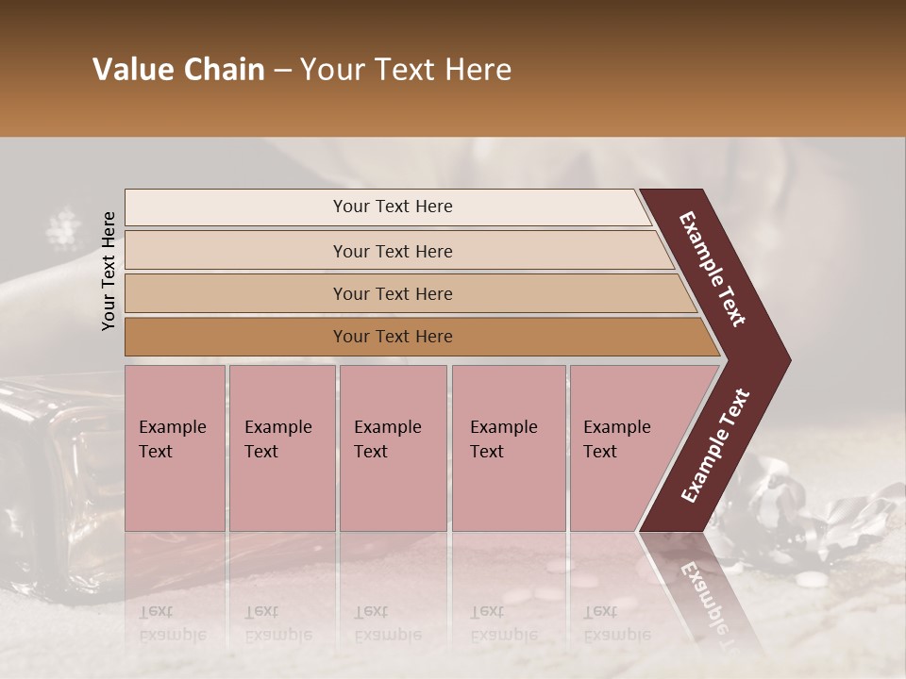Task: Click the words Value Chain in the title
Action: (178, 70)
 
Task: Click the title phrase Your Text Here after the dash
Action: (406, 70)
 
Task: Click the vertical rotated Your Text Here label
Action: (109, 271)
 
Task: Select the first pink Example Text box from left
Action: (175, 448)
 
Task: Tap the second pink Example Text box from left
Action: (281, 448)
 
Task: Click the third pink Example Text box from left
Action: (393, 448)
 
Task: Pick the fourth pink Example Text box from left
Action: (508, 448)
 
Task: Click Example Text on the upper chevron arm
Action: (713, 269)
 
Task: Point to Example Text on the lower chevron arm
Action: (714, 446)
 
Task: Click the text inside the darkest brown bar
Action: (393, 337)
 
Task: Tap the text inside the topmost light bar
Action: (393, 207)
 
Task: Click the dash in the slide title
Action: (282, 71)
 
